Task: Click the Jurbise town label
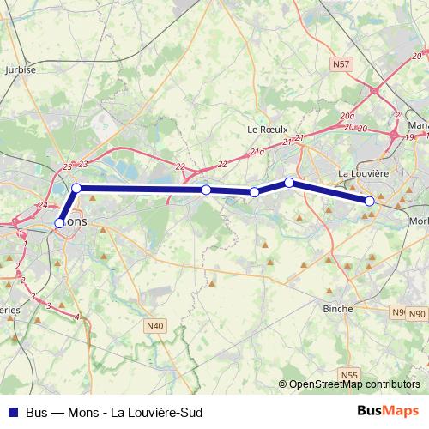pos(20,70)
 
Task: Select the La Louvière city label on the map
pos(364,173)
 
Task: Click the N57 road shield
pos(341,64)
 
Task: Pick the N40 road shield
pos(154,325)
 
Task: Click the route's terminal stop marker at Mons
pos(59,223)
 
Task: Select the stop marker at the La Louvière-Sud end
pos(370,202)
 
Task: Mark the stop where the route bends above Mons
pos(76,188)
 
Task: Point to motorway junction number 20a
pos(347,115)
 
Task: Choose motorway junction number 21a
pos(257,152)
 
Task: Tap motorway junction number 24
pos(41,205)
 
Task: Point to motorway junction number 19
pos(410,136)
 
